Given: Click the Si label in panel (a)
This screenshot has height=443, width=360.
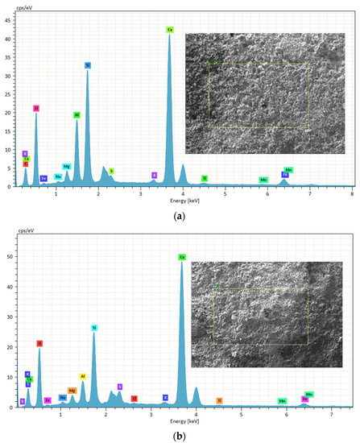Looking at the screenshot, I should pyautogui.click(x=88, y=65).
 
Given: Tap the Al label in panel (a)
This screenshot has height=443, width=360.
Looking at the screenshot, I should pyautogui.click(x=77, y=115).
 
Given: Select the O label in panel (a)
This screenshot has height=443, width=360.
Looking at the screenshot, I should pyautogui.click(x=36, y=108).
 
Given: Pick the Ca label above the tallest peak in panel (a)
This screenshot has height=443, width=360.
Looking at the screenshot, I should pyautogui.click(x=170, y=30).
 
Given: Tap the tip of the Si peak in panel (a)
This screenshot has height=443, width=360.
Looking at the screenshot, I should pyautogui.click(x=88, y=71).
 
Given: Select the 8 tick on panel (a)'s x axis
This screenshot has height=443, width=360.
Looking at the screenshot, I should pyautogui.click(x=352, y=193).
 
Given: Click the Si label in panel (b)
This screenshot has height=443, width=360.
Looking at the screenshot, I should pyautogui.click(x=94, y=328).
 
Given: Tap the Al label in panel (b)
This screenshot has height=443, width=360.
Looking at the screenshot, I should pyautogui.click(x=82, y=376).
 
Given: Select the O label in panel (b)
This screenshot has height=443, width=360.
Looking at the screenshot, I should pyautogui.click(x=39, y=343).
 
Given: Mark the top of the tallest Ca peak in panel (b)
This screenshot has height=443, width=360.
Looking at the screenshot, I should pyautogui.click(x=182, y=263).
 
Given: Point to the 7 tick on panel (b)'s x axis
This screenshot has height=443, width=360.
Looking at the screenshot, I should pyautogui.click(x=331, y=415).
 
